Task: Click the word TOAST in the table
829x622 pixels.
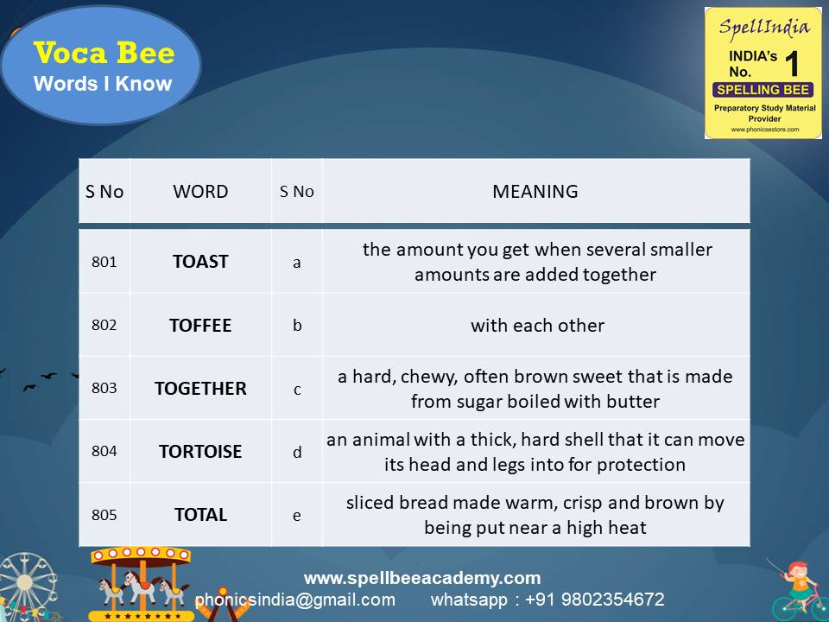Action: pyautogui.click(x=200, y=262)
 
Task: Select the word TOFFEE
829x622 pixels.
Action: pyautogui.click(x=200, y=326)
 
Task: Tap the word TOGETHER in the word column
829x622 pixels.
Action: pyautogui.click(x=200, y=389)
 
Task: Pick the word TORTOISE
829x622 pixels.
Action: pyautogui.click(x=200, y=452)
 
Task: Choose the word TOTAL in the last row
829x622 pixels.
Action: pyautogui.click(x=200, y=515)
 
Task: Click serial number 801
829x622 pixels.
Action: pyautogui.click(x=104, y=262)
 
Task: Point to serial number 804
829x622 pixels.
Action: pyautogui.click(x=104, y=452)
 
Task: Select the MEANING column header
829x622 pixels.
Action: pyautogui.click(x=535, y=192)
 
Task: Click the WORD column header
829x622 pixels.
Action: pyautogui.click(x=200, y=192)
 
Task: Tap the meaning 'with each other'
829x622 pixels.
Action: pyautogui.click(x=537, y=326)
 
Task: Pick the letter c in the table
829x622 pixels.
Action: pyautogui.click(x=297, y=390)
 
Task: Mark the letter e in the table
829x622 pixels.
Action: pyautogui.click(x=297, y=516)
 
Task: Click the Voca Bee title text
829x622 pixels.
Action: pyautogui.click(x=104, y=54)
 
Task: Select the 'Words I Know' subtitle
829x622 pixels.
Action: pyautogui.click(x=103, y=85)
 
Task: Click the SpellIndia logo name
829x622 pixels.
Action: pyautogui.click(x=763, y=27)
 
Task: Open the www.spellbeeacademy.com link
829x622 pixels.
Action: pyautogui.click(x=422, y=578)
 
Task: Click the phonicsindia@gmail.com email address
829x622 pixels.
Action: pyautogui.click(x=295, y=600)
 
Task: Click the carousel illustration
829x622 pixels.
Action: pyautogui.click(x=142, y=583)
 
